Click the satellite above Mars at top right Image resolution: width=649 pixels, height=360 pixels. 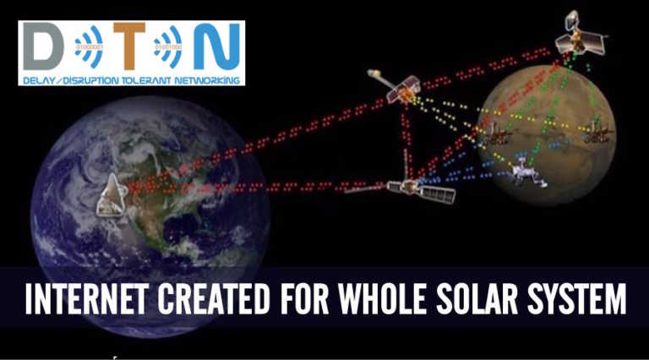coord(580,36)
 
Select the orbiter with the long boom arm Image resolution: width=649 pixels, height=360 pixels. coord(399,87)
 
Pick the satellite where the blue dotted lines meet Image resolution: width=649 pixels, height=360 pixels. coord(420,188)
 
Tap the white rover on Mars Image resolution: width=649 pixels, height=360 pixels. coord(524,172)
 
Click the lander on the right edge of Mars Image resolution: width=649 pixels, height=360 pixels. coord(598,131)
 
